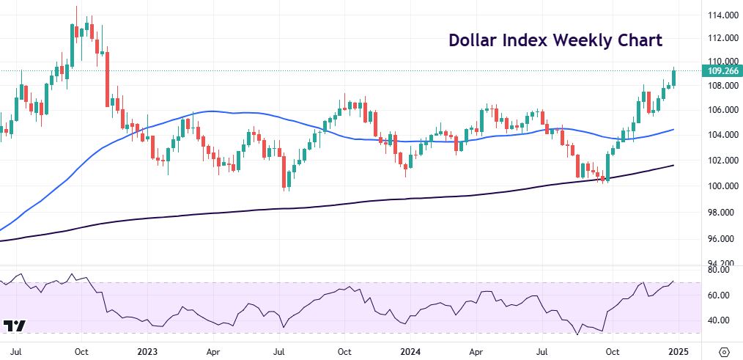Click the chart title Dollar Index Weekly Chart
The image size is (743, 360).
point(555,40)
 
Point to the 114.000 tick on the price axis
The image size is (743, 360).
point(721,15)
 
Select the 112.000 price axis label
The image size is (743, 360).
point(721,37)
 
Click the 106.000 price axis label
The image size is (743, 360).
point(721,110)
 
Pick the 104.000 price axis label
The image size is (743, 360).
point(721,135)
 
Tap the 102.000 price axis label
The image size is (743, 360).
point(721,161)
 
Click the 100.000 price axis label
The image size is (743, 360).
point(721,186)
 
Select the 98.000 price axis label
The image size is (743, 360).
point(721,213)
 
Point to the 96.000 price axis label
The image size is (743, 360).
point(721,239)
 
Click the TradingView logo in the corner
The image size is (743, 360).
point(15,326)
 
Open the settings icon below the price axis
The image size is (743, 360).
point(723,350)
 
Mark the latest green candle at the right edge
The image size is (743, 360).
point(674,77)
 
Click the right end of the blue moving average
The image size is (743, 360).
point(673,130)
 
